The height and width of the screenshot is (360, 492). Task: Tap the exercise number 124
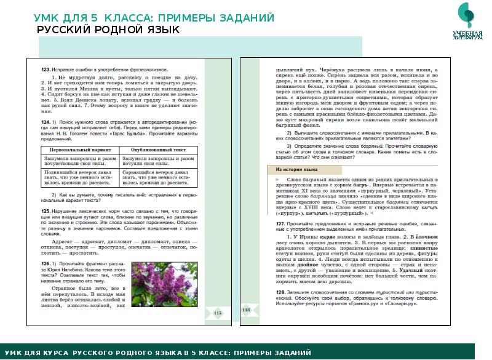click(45, 123)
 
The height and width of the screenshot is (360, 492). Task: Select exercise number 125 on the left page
click(45, 210)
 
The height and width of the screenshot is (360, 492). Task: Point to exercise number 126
click(45, 263)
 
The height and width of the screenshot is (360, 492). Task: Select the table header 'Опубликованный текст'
click(153, 150)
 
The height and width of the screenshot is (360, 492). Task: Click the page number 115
click(216, 313)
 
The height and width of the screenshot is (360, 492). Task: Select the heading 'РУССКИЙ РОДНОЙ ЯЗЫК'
click(108, 30)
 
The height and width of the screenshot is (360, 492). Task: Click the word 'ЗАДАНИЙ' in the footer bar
click(290, 352)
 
